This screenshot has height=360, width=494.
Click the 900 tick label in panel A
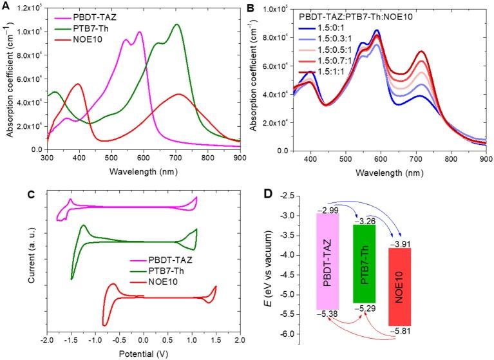[x=238, y=156]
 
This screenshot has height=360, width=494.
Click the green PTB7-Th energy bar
[x=367, y=263]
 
